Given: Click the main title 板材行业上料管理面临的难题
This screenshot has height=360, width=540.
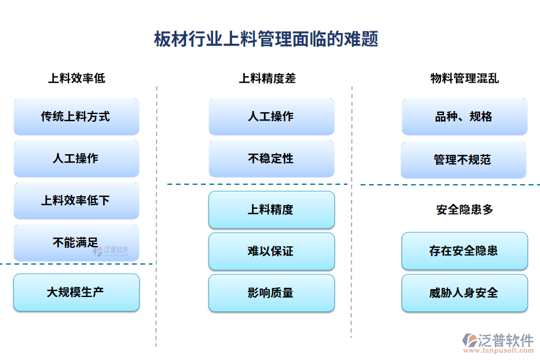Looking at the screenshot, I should click(266, 40).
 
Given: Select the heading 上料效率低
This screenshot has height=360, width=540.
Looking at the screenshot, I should click(76, 78).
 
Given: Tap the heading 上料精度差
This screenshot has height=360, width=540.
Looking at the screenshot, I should click(268, 78).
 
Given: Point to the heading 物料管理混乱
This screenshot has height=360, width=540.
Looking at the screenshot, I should click(464, 78).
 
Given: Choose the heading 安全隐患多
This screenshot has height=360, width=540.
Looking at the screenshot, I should click(464, 209).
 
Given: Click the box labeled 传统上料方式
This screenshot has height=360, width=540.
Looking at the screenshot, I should click(76, 116).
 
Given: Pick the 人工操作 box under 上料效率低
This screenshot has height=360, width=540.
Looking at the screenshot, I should click(76, 158).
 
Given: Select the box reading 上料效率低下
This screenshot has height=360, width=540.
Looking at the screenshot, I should click(76, 200).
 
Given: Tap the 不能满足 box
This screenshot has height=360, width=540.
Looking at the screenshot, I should click(76, 242).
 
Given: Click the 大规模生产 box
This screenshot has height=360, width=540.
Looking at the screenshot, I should click(76, 292).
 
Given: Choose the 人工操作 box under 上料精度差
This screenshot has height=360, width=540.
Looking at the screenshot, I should click(271, 116).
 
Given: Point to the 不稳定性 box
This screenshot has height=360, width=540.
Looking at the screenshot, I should click(271, 158).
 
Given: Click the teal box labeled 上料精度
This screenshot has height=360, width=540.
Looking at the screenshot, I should click(271, 209).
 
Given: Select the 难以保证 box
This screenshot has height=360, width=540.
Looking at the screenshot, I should click(271, 251).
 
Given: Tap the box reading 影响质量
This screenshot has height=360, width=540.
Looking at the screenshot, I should click(271, 293).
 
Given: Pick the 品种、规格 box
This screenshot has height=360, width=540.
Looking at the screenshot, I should click(464, 116).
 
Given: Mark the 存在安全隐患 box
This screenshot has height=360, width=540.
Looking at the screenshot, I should click(464, 251).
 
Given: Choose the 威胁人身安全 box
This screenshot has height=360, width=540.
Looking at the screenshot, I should click(464, 293).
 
